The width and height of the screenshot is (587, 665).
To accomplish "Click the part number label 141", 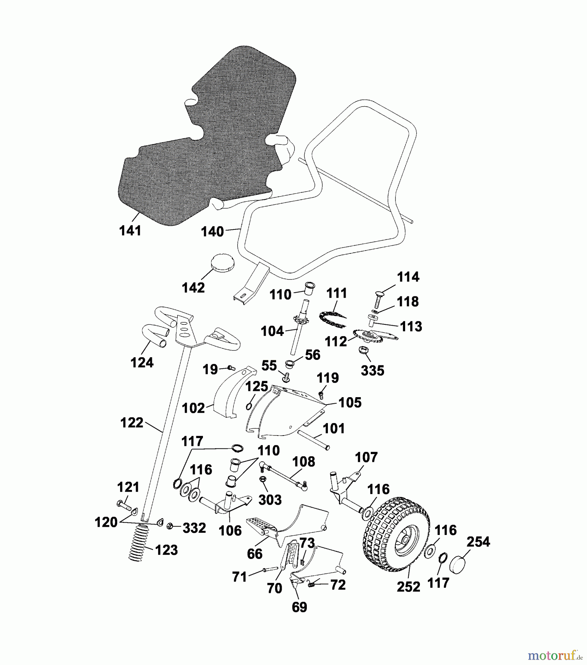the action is coord(130,231).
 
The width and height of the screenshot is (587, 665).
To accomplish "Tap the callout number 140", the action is coord(212,232).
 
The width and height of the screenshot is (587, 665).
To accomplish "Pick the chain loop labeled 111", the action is coord(332,319).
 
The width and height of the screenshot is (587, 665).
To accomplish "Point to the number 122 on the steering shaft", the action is coord(132,422).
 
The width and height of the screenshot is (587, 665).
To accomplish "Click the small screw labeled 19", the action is coord(231,368).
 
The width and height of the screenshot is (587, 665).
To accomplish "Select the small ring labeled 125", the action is coord(249,406).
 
